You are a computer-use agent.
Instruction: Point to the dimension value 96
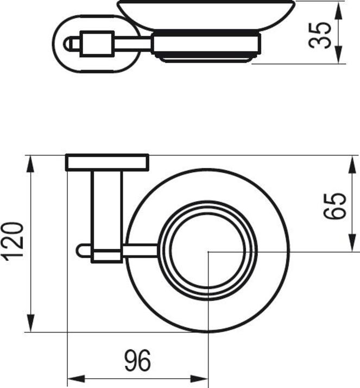coord(138,360)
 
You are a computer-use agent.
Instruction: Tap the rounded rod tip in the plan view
coord(81,250)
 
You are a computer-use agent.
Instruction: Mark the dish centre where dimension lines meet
coord(209,252)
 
